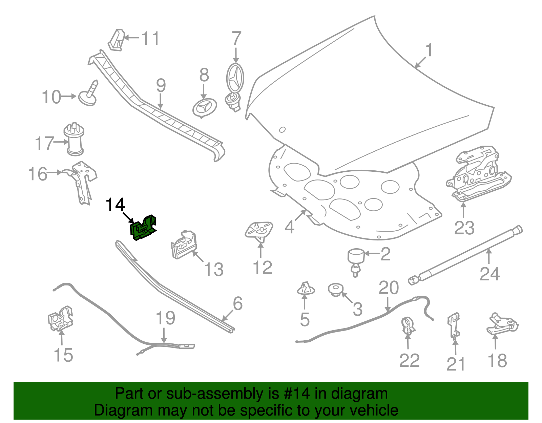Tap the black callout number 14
(x=115, y=205)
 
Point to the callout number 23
(x=464, y=228)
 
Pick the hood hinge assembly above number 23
(x=479, y=173)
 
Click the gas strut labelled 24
(x=465, y=255)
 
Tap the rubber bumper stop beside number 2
(x=356, y=262)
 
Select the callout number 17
(x=44, y=143)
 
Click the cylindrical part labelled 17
(x=74, y=139)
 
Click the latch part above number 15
(x=61, y=319)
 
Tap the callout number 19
(x=165, y=318)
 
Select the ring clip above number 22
(x=408, y=325)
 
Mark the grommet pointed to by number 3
(x=336, y=290)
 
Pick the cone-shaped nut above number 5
(x=306, y=288)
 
